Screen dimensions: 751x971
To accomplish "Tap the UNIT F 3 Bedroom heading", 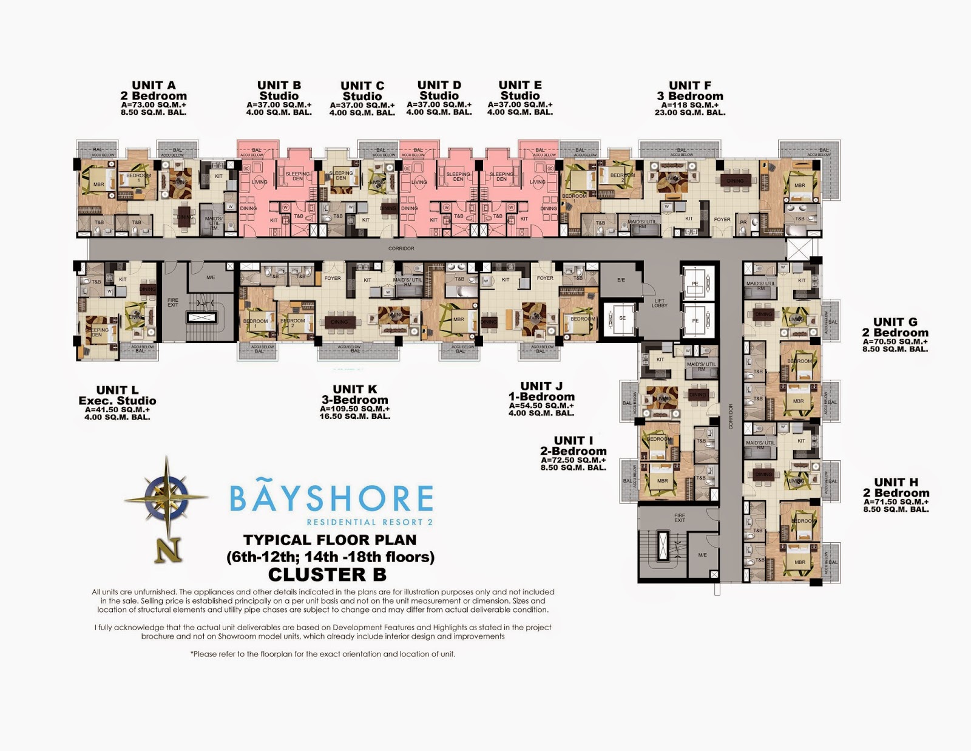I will coord(690,91).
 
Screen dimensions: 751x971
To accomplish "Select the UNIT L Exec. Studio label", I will coord(117,395).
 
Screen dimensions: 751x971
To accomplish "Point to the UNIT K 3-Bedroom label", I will coord(355,395).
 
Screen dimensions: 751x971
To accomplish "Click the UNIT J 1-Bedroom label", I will coord(541,391).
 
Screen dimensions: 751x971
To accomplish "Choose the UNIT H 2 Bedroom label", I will coord(896,488).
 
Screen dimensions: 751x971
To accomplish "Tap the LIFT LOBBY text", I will coord(660,303).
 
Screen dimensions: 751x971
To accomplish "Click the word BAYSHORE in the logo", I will coord(331,498).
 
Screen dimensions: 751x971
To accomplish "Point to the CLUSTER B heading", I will coord(327,574).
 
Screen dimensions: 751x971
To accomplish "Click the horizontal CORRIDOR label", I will coord(401,248).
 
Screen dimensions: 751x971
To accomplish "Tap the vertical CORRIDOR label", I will coord(731,416).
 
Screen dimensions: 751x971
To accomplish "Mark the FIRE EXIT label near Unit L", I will coord(173,302).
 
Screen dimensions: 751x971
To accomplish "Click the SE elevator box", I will coord(622,318).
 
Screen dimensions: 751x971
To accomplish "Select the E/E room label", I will coord(621,280).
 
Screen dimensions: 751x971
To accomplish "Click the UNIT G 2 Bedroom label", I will coord(895,327).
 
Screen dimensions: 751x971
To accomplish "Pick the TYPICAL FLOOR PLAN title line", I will coord(330,540).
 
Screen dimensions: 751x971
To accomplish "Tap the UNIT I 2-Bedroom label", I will coord(573,446).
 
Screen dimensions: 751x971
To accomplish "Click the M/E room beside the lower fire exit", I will coord(702,555).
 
